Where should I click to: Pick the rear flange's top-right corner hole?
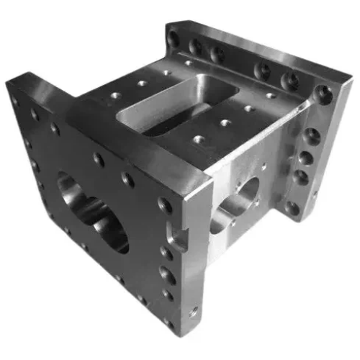tap(325, 93)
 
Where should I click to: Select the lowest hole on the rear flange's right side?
tap(292, 208)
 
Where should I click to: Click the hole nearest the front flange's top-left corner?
tap(15, 100)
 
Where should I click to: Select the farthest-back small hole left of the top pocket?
tap(167, 72)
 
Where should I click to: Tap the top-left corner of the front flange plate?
tap(9, 81)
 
